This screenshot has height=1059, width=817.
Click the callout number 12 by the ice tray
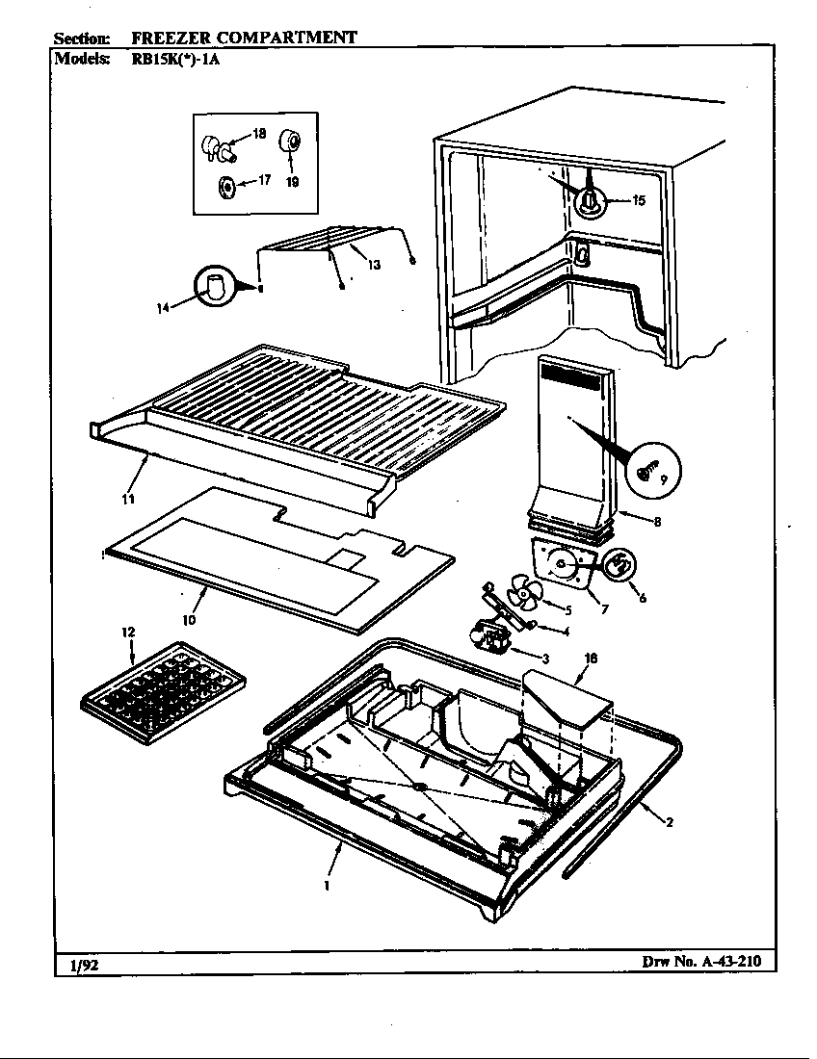point(128,632)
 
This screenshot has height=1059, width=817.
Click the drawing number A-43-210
point(707,962)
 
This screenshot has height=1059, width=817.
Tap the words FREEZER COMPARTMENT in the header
point(244,38)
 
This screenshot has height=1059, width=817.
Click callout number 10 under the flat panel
point(189,620)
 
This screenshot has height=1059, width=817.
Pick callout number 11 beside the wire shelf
point(127,499)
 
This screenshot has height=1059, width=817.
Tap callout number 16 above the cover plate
point(592,659)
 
